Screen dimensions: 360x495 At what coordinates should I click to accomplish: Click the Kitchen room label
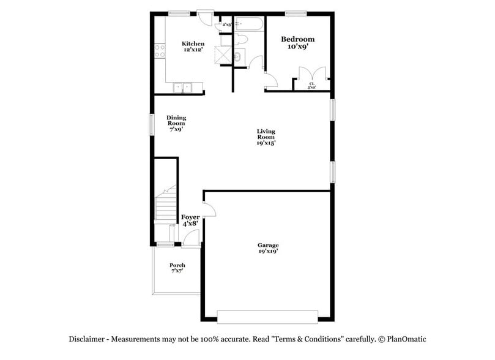193,47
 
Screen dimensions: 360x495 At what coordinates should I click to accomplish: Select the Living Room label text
266,137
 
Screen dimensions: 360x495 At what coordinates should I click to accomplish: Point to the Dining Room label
176,123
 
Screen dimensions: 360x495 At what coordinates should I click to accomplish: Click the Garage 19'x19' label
268,248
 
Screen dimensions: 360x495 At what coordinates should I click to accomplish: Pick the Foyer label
190,220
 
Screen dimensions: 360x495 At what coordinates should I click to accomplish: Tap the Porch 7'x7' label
177,268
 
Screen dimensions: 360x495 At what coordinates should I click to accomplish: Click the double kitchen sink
183,87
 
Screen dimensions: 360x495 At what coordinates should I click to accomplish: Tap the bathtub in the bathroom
248,24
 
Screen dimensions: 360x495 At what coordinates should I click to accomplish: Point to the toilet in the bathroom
242,40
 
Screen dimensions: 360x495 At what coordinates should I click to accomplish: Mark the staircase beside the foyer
165,206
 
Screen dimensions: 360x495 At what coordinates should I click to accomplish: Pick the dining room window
152,122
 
